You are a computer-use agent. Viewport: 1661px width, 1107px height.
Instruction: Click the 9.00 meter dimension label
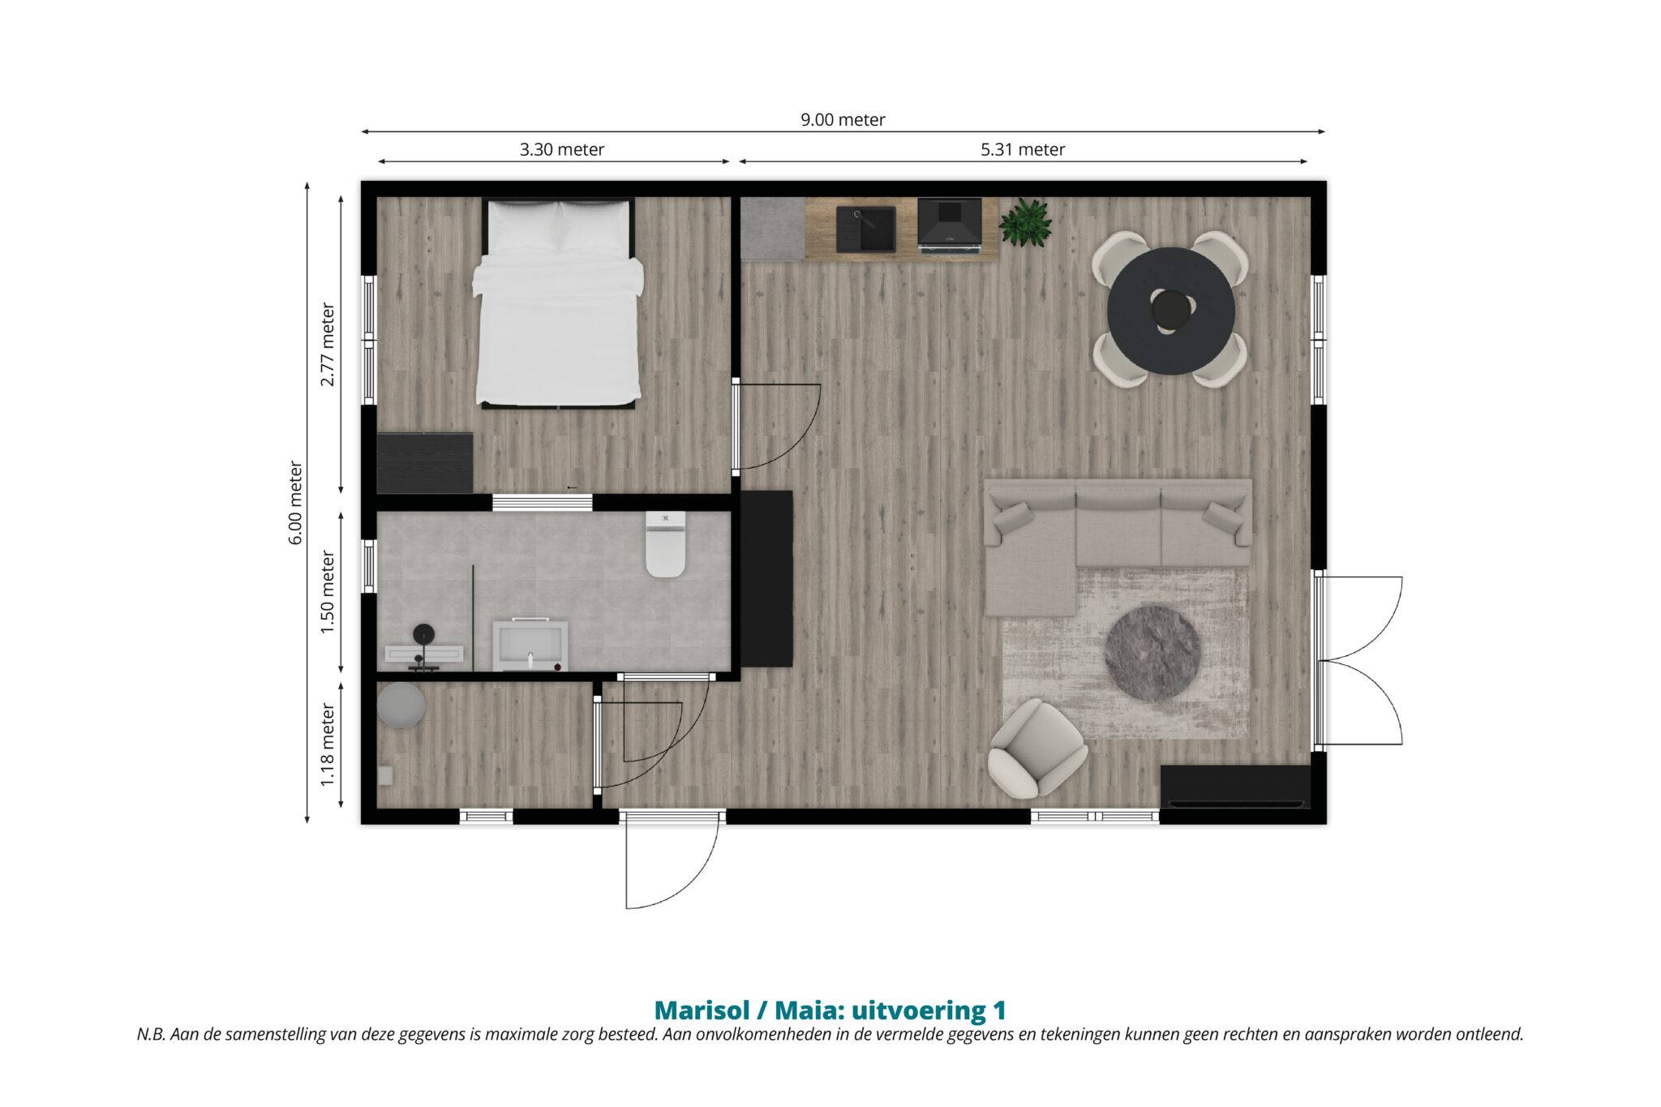tap(843, 120)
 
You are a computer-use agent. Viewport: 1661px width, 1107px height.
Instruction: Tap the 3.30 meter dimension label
tap(561, 149)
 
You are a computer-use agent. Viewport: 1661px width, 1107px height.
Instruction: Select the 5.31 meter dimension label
tap(1022, 149)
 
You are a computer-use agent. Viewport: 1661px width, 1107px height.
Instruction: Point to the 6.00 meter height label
tap(295, 503)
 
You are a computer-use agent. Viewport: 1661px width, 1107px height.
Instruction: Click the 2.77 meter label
tap(328, 345)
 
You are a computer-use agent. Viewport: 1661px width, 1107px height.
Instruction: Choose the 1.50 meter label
tap(328, 593)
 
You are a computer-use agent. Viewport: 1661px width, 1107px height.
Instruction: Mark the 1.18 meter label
tap(328, 744)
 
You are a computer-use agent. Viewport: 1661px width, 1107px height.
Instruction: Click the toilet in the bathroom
tap(665, 544)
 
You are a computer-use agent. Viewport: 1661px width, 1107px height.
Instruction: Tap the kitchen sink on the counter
tap(866, 229)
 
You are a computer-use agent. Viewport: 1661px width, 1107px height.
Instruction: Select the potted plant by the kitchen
tap(1025, 221)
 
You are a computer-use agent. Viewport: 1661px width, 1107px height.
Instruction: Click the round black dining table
tap(1171, 311)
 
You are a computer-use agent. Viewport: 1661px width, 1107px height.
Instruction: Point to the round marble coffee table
tap(1152, 651)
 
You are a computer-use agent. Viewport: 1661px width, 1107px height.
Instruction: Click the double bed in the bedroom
tap(558, 302)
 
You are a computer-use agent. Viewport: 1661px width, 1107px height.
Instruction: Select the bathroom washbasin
tap(531, 644)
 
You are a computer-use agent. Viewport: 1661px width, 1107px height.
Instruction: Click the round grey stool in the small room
tap(401, 706)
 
